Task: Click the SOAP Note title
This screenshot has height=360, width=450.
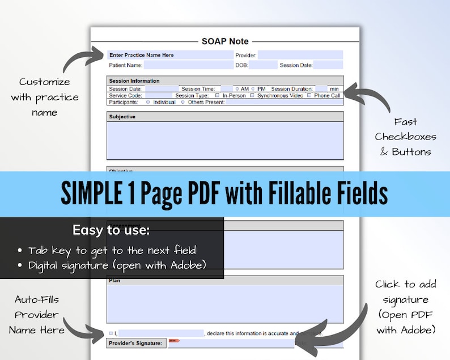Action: point(225,41)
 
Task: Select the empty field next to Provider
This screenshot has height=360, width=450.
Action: point(300,55)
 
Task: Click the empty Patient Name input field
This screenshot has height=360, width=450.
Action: point(188,65)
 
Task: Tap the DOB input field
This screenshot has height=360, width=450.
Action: point(262,65)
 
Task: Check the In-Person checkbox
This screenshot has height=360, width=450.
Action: point(218,96)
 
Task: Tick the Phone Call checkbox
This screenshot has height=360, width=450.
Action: point(309,96)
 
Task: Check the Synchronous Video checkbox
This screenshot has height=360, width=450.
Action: point(252,96)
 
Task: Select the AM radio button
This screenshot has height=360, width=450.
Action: point(237,89)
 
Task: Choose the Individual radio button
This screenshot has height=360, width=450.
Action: point(148,103)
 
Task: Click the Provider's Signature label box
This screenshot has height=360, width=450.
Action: point(137,343)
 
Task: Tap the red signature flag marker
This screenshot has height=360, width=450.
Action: point(173,341)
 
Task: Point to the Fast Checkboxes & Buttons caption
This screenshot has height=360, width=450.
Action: point(405,137)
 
